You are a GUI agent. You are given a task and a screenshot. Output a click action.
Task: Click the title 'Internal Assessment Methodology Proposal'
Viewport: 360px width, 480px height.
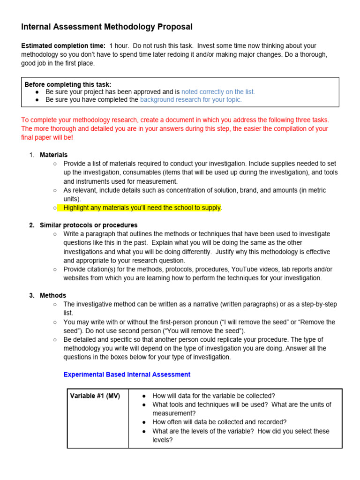pyautogui.click(x=106, y=27)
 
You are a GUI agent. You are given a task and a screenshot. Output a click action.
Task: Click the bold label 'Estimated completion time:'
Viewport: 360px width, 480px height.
pyautogui.click(x=63, y=46)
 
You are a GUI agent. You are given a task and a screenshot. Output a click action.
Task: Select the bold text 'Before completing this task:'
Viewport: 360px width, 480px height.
pyautogui.click(x=68, y=84)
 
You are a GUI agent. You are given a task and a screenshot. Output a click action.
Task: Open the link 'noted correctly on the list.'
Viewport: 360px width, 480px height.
pyautogui.click(x=218, y=92)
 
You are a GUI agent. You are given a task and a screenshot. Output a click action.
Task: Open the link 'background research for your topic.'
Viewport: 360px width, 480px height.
pyautogui.click(x=191, y=99)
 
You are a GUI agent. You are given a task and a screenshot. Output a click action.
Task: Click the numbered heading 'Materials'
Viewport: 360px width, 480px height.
pyautogui.click(x=53, y=155)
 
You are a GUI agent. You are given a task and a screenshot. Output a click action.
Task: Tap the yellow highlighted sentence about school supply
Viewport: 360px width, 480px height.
pyautogui.click(x=142, y=208)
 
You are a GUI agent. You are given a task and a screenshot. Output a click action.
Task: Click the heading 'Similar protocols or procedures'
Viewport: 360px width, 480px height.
pyautogui.click(x=89, y=225)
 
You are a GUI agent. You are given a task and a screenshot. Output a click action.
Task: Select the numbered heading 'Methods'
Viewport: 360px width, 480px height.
pyautogui.click(x=53, y=295)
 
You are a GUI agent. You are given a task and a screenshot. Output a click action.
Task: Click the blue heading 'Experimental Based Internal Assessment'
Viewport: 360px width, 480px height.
pyautogui.click(x=127, y=375)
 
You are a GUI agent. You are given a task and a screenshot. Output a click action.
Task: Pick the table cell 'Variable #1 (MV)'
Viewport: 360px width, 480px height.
pyautogui.click(x=95, y=396)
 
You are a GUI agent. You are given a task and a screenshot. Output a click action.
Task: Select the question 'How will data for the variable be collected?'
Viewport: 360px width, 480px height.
pyautogui.click(x=214, y=396)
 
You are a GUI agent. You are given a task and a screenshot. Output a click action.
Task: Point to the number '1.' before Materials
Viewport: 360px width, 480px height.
pyautogui.click(x=32, y=155)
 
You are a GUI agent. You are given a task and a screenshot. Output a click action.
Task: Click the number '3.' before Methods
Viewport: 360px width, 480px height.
pyautogui.click(x=32, y=295)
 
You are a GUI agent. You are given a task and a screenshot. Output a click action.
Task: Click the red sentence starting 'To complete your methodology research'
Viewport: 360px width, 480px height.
pyautogui.click(x=175, y=120)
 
